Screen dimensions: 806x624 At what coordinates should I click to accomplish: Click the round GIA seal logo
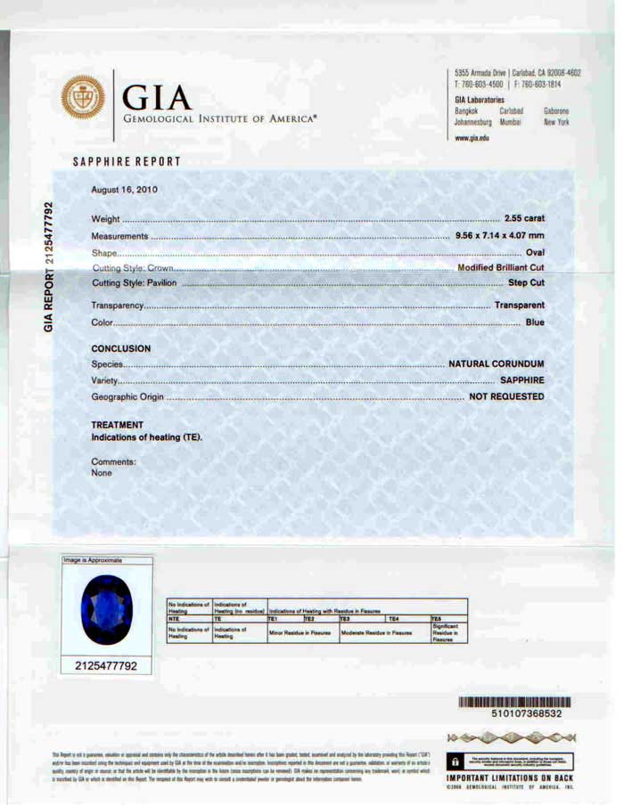(86, 101)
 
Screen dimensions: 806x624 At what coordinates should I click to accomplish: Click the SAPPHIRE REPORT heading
(127, 162)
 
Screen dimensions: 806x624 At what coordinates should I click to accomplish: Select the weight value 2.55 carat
(524, 219)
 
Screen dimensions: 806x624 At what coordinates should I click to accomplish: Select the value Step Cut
(526, 283)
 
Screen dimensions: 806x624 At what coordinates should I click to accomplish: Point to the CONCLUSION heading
(121, 348)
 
